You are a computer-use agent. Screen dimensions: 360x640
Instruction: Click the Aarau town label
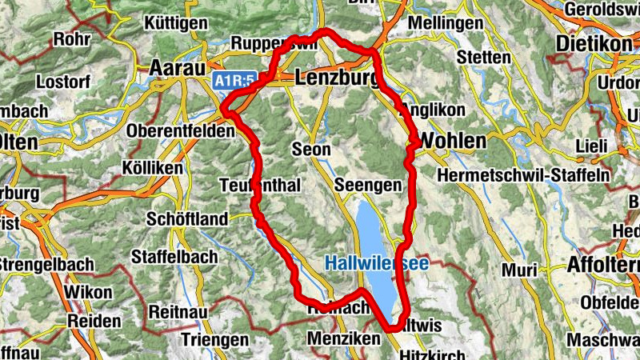click(x=177, y=68)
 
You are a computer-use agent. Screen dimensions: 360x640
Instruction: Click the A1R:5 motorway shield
click(x=234, y=81)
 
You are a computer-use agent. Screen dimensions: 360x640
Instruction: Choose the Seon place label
click(x=311, y=150)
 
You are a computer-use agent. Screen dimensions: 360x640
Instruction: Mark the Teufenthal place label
click(x=259, y=186)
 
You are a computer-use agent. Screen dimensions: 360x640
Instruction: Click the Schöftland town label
click(x=187, y=219)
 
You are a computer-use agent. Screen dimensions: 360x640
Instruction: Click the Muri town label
click(x=520, y=270)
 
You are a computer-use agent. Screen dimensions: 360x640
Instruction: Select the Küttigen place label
click(x=178, y=23)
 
